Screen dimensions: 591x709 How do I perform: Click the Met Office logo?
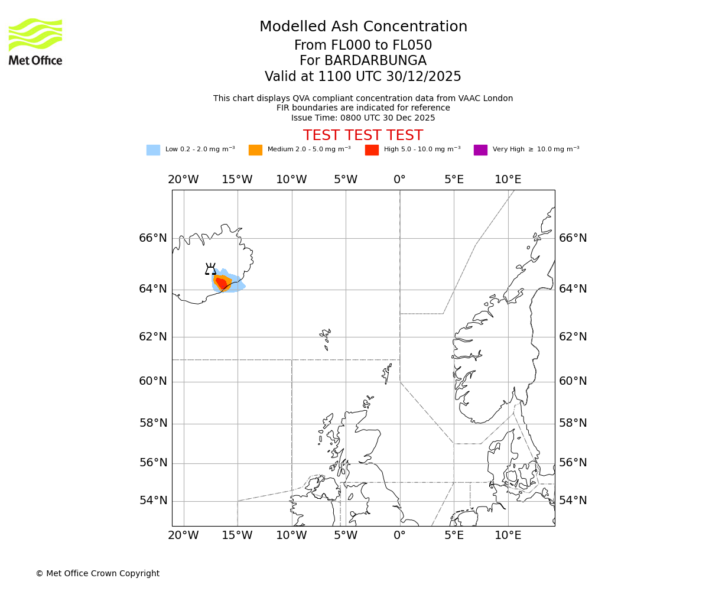coord(35,41)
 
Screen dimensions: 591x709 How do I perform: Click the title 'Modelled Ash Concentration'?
coord(363,27)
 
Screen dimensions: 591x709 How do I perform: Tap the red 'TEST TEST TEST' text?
coord(363,135)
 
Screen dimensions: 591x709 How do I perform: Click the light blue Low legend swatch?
coord(153,150)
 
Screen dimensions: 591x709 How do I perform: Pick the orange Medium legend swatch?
coord(255,150)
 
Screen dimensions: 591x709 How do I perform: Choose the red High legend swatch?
coord(372,150)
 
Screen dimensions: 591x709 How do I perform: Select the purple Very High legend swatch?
coord(480,150)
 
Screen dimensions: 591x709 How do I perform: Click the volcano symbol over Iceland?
coord(210,269)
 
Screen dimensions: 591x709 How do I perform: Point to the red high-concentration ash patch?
coord(222,284)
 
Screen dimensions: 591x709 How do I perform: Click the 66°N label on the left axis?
coord(153,238)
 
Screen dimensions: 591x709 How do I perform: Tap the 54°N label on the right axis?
coord(573,501)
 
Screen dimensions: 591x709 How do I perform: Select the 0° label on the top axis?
coord(400,180)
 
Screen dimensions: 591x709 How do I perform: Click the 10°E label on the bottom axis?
coord(508,535)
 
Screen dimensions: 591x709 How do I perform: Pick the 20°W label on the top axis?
coord(183,180)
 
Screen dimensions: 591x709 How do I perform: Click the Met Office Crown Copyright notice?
coord(97,573)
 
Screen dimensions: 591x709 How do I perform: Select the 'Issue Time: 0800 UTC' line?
coord(363,118)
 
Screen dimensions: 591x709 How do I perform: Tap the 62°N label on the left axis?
coord(153,337)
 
